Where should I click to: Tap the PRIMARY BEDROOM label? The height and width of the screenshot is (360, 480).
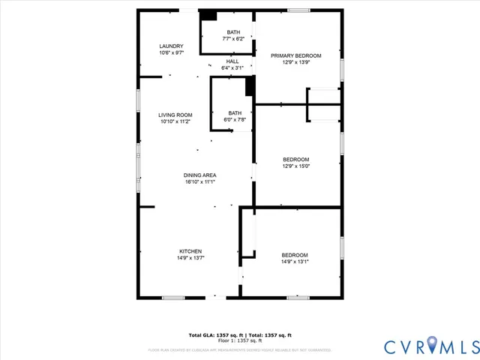tap(296, 56)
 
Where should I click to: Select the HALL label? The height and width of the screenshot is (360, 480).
tap(232, 61)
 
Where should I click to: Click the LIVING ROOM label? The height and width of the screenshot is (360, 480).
tap(175, 115)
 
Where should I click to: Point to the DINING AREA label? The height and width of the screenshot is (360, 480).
tap(200, 175)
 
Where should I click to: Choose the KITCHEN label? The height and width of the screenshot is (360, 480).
tap(190, 251)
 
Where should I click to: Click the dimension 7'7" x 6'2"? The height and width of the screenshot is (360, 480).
tap(235, 38)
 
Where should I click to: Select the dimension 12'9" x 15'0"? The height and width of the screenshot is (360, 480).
tap(296, 166)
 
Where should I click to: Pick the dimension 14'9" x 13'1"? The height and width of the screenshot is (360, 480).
tap(295, 261)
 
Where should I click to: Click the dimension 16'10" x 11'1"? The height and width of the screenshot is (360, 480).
tap(200, 181)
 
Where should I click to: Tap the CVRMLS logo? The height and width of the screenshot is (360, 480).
tap(430, 346)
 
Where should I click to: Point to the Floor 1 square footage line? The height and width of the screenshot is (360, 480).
tap(240, 340)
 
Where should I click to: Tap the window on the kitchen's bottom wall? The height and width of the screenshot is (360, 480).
tap(174, 298)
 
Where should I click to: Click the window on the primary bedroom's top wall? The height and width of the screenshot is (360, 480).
tap(298, 10)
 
